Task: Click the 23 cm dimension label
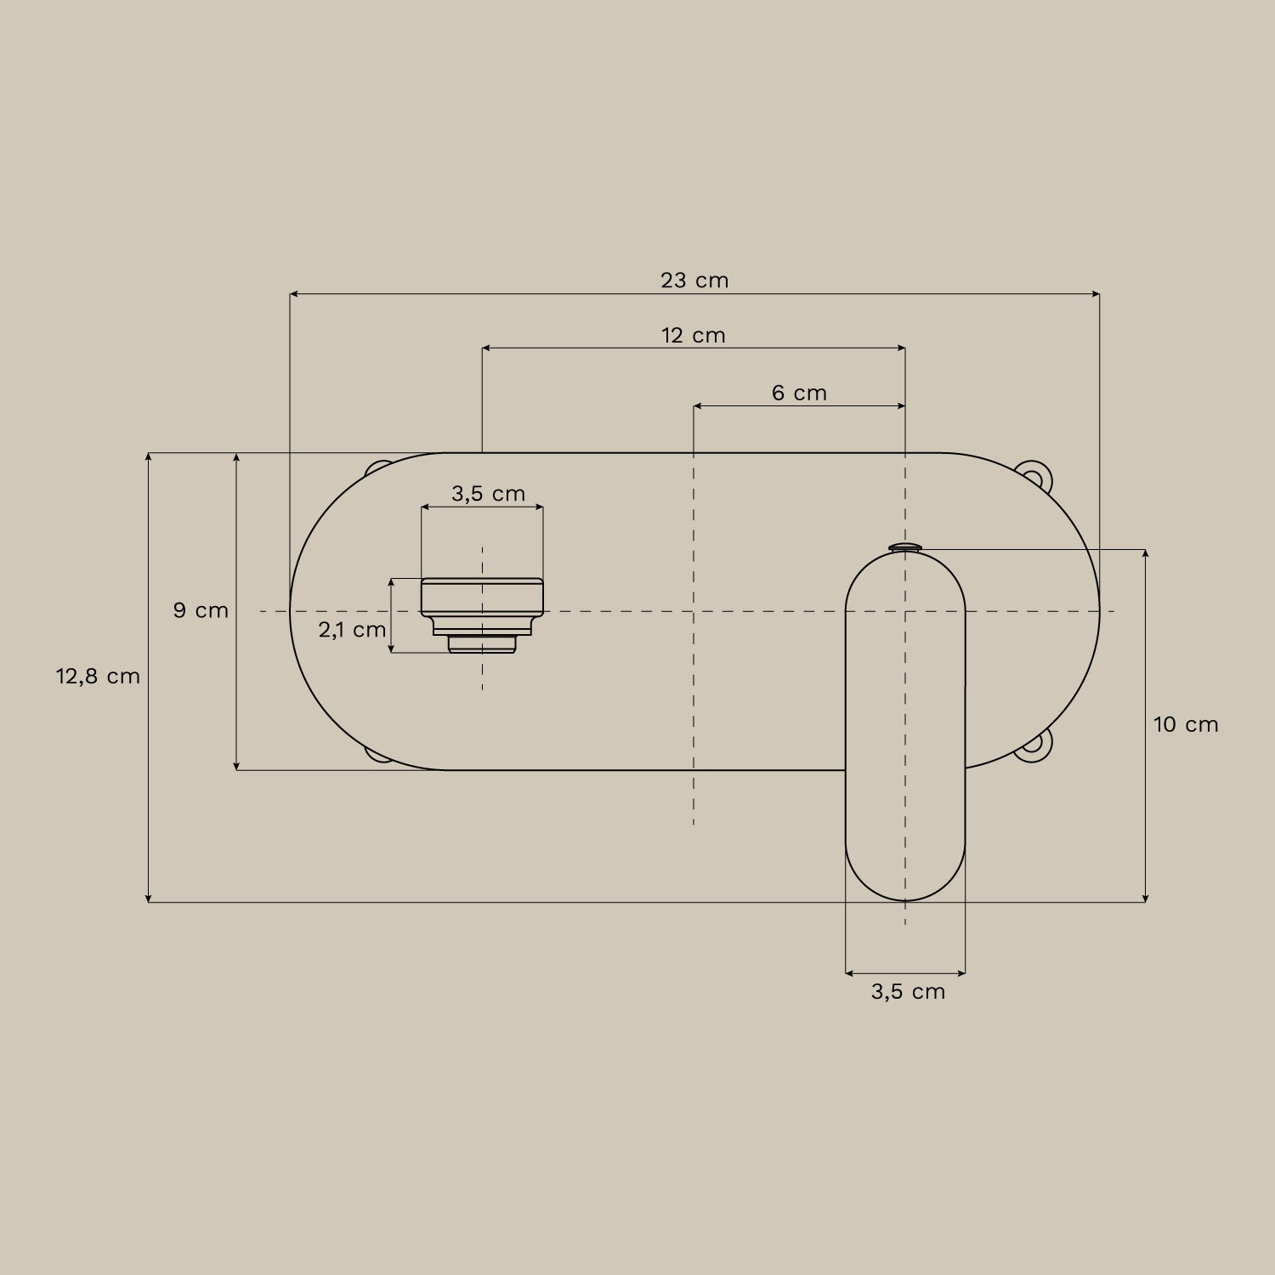(694, 280)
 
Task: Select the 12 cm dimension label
(694, 336)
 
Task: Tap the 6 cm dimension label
(799, 394)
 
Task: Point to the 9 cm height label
(201, 610)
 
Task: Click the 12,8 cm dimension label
(98, 677)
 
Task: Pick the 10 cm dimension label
(1185, 725)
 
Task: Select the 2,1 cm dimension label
(352, 630)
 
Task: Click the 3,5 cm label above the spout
(488, 494)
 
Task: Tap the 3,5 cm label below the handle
(908, 992)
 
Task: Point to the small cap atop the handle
(905, 547)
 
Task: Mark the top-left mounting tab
(377, 469)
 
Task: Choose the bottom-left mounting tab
(377, 754)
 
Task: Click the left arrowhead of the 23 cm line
(294, 294)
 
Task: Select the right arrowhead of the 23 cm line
(1096, 294)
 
